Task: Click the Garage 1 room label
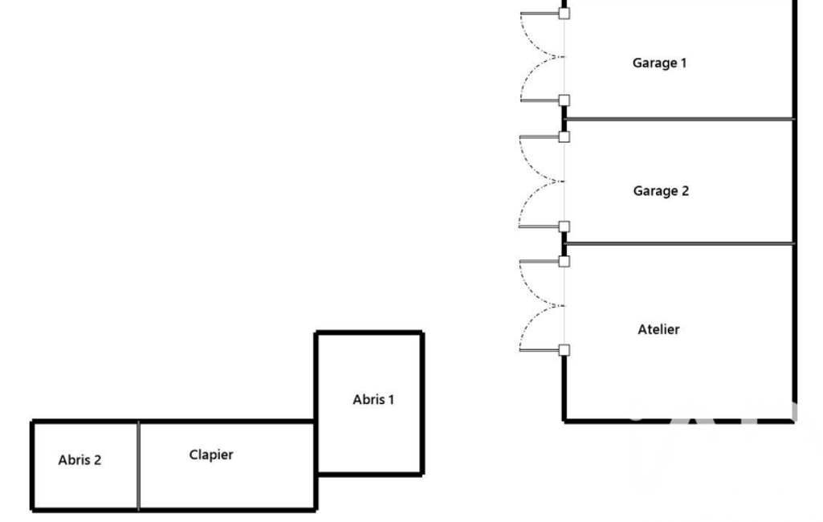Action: coord(659,63)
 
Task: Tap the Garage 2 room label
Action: coord(661,191)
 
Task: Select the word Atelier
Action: coord(658,329)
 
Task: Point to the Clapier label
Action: coord(211,455)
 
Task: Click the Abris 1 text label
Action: coord(373,399)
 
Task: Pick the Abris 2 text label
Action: coord(79,460)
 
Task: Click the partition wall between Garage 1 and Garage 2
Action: coord(679,119)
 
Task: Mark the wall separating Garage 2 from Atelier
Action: coord(679,243)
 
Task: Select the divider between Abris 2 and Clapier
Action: coord(138,466)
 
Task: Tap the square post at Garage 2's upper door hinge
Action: coord(564,137)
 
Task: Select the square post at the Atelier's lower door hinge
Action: coord(564,349)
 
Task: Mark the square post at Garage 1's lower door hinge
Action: coord(564,100)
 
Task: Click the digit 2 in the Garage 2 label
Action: coord(684,191)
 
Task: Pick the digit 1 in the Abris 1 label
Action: coord(391,399)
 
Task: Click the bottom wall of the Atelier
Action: coord(679,420)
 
